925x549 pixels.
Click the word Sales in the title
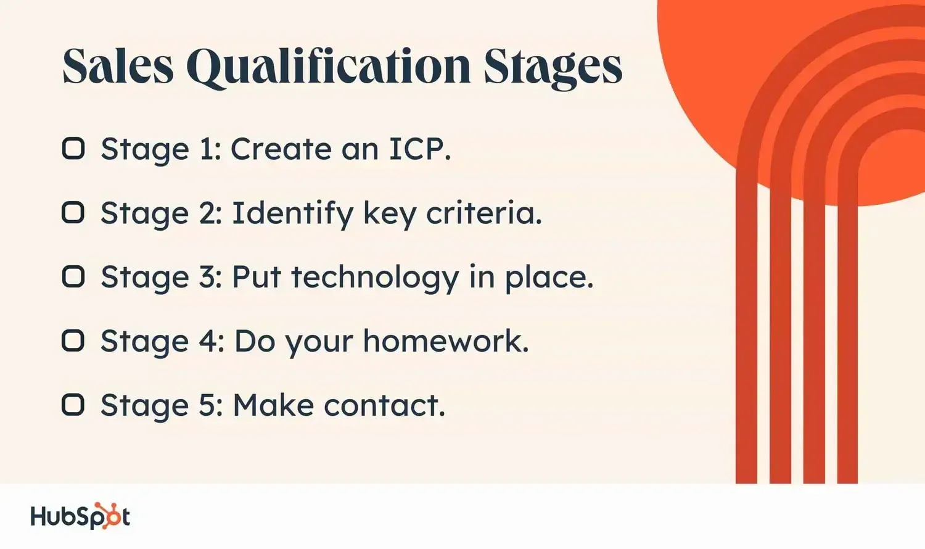click(x=118, y=67)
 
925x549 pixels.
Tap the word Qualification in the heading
click(x=328, y=68)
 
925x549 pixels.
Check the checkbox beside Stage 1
click(x=73, y=148)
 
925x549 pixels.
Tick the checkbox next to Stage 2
click(x=73, y=213)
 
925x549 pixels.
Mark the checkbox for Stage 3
click(x=73, y=276)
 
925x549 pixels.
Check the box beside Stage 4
click(x=73, y=341)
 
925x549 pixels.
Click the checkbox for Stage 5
click(x=73, y=405)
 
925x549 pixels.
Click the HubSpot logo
click(x=81, y=516)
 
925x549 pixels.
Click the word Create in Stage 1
click(x=281, y=149)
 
